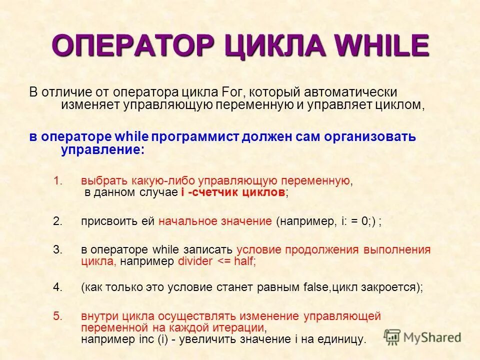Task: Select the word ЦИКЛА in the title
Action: (263, 46)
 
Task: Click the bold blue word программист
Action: (195, 137)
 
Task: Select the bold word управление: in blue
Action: (102, 149)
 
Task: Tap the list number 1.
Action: (57, 180)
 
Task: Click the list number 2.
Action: (57, 221)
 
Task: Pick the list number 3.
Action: (57, 249)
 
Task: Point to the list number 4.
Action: (57, 287)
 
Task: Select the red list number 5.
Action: (57, 316)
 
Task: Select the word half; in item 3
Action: (244, 261)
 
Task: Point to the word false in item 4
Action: (315, 287)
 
